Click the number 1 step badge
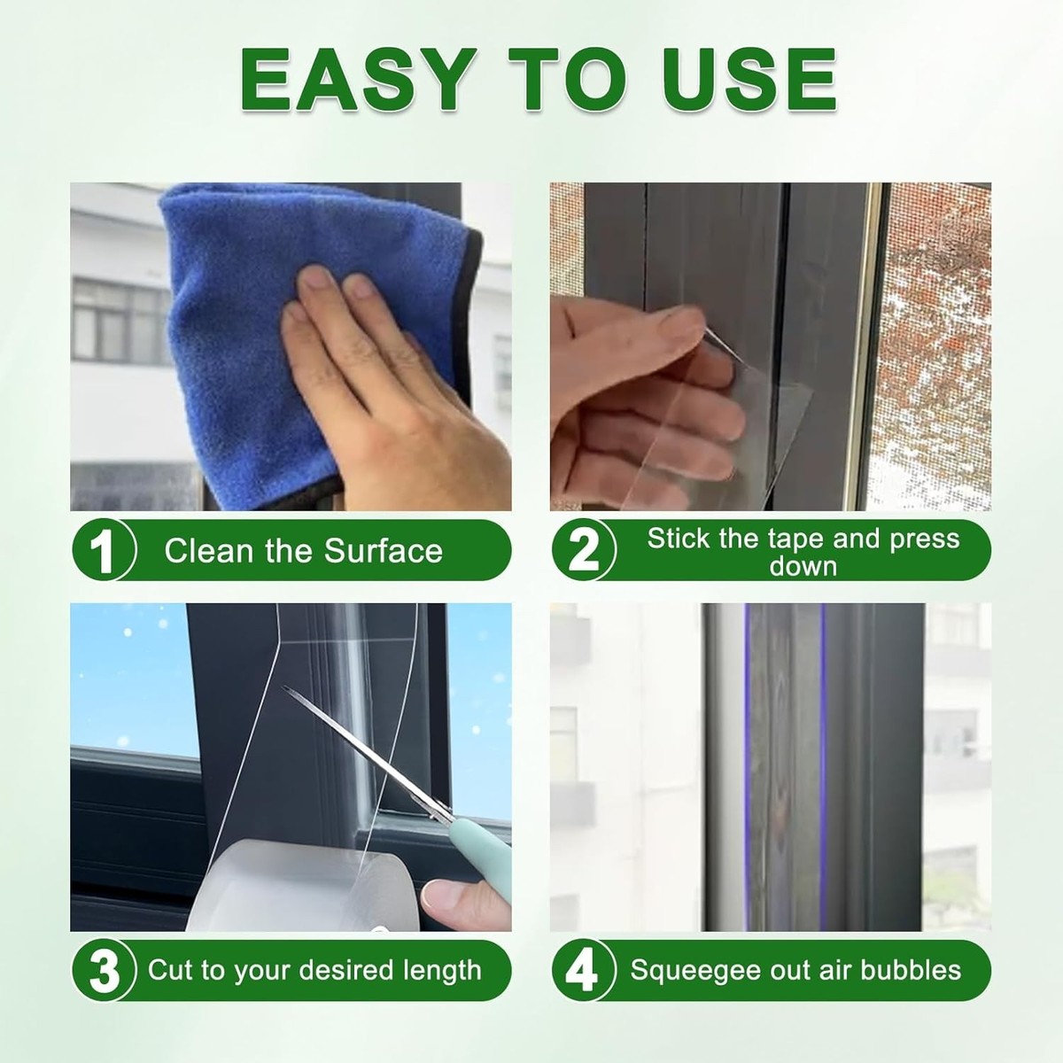[103, 550]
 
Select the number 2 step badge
[584, 550]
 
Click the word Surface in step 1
[384, 550]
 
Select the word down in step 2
[803, 567]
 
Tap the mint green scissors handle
[480, 849]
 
